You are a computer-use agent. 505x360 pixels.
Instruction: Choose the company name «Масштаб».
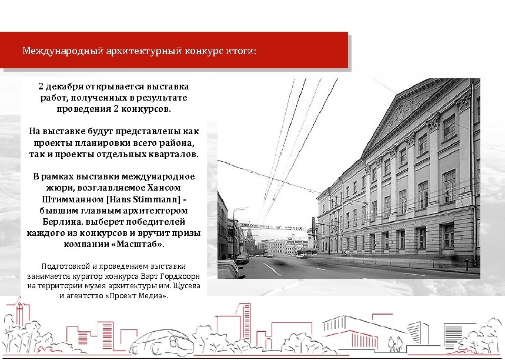[x=139, y=244]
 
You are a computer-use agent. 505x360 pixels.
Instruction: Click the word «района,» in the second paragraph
[x=176, y=143]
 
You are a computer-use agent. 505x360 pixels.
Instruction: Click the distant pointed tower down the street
[x=249, y=237]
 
